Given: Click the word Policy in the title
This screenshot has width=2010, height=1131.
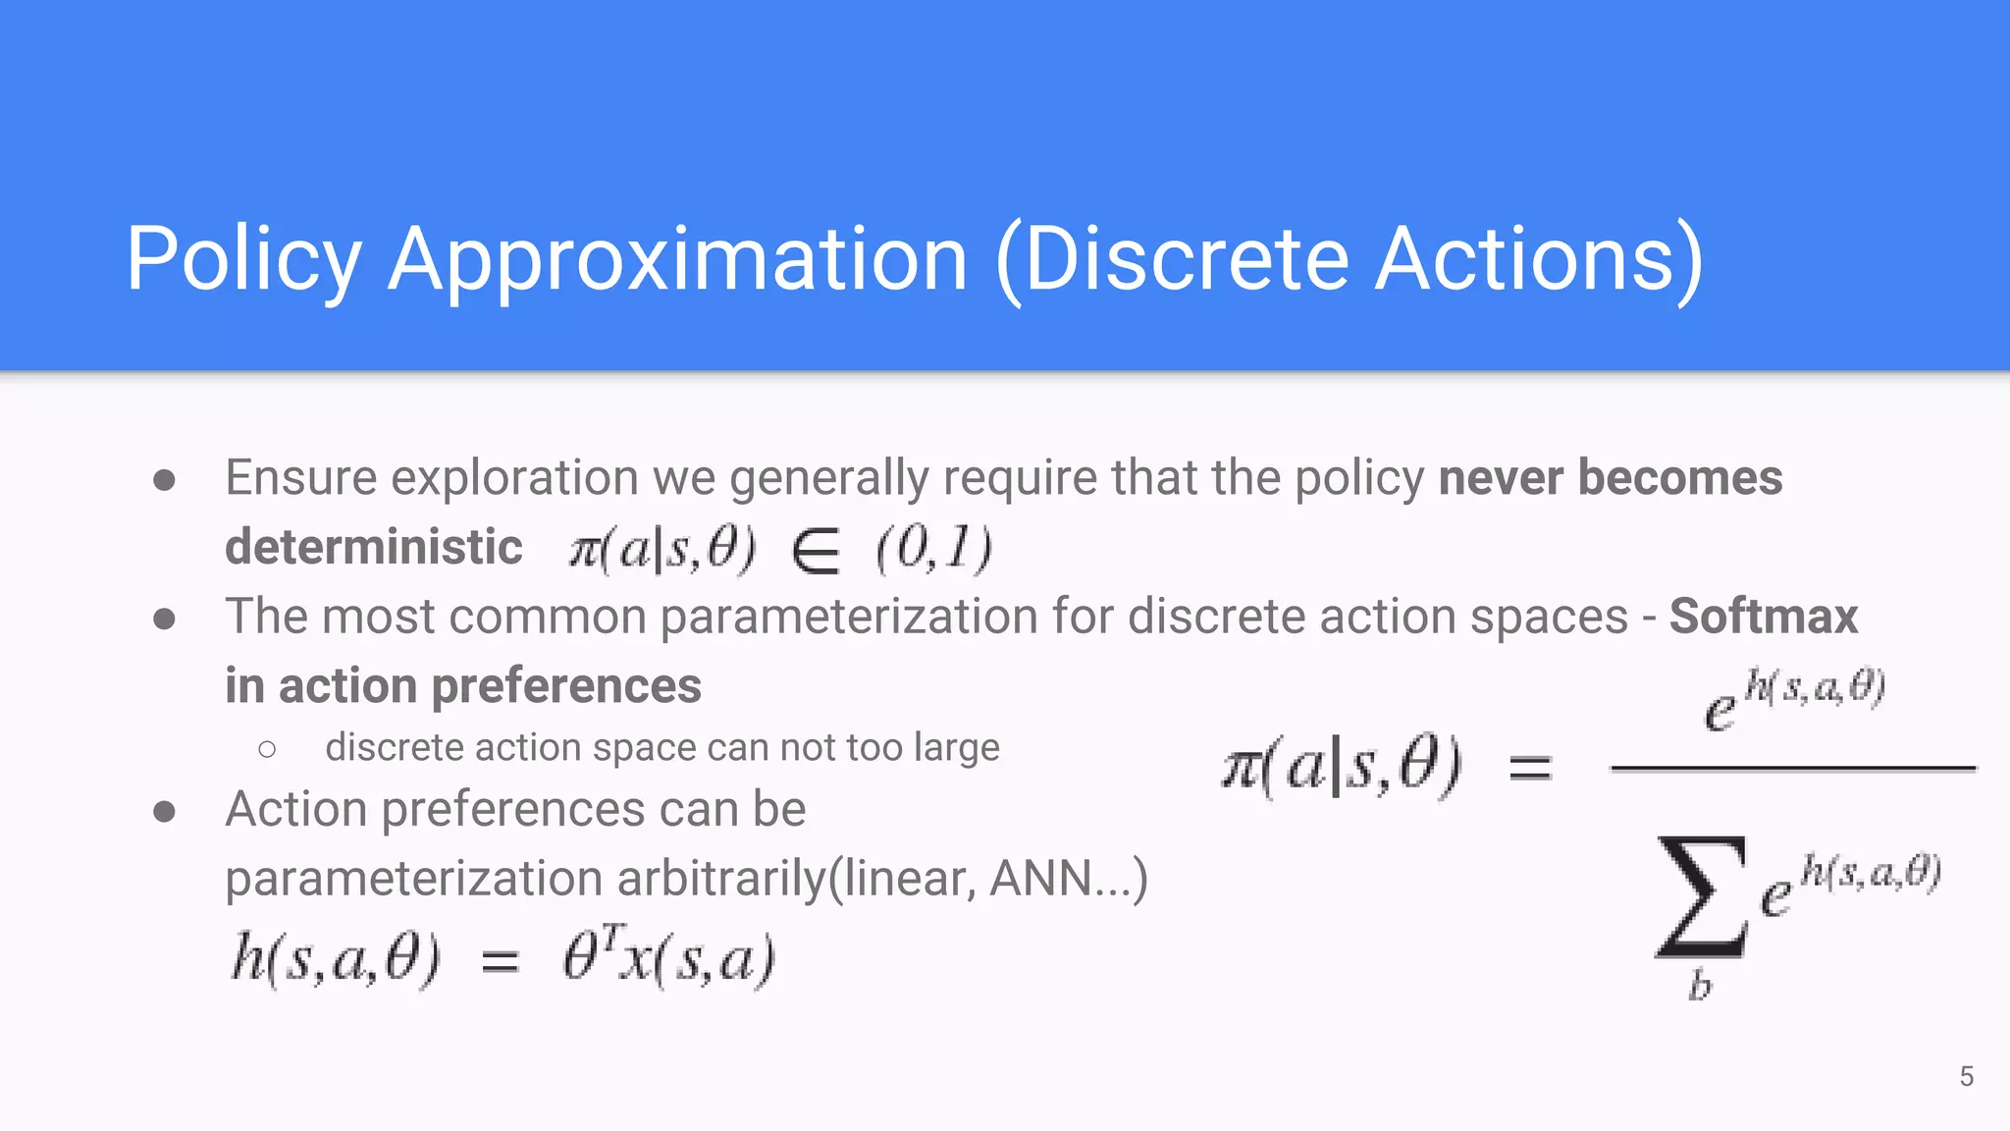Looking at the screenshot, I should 244,259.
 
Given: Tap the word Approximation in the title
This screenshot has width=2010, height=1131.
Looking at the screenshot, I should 678,259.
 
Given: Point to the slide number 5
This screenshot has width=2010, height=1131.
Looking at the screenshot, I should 1966,1076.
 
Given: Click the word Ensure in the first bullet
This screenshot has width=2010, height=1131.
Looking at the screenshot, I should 300,478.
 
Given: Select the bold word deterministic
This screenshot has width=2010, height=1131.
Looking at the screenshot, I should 374,547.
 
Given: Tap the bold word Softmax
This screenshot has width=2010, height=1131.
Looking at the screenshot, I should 1764,617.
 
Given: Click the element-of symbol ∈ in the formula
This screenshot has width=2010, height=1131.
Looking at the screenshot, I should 816,550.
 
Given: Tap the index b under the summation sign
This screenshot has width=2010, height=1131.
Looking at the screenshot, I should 1700,985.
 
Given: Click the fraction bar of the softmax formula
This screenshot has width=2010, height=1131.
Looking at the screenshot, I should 1792,769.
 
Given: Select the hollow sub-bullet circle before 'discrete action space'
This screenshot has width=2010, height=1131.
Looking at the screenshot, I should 267,750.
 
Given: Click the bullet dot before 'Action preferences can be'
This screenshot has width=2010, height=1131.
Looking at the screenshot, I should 165,811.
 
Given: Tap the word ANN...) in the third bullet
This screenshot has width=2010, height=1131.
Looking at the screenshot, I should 1069,879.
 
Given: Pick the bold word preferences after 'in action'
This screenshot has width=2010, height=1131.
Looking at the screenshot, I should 566,685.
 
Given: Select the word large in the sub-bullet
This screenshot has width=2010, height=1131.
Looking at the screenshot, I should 956,748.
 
